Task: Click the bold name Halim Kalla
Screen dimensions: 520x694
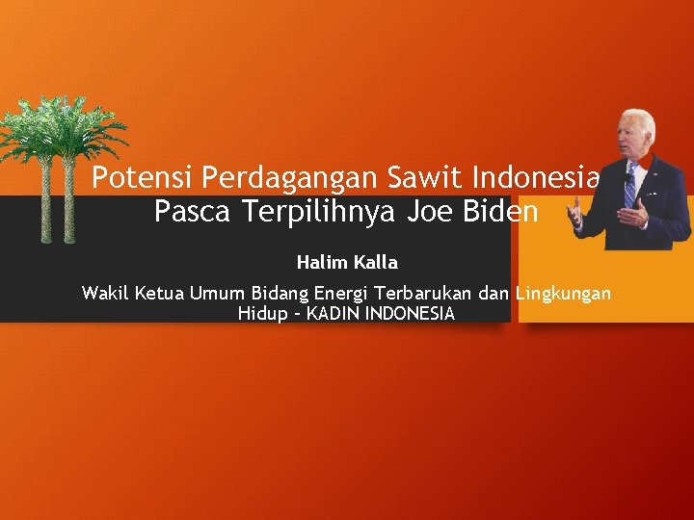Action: coord(347,262)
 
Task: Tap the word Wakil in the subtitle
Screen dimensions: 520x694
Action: coord(104,293)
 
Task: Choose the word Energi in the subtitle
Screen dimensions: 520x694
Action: coord(340,293)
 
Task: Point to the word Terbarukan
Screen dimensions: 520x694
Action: coord(424,293)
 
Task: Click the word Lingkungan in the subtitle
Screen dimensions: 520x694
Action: coord(563,293)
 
